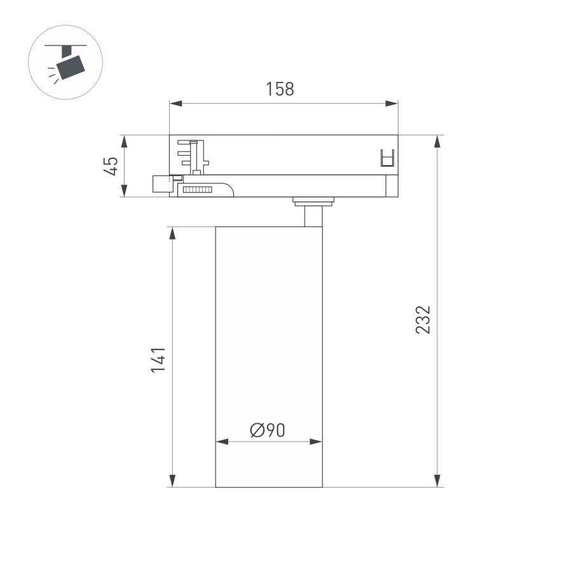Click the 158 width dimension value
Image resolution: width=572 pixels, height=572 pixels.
point(280,89)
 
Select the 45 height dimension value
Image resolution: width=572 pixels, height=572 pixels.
point(111,167)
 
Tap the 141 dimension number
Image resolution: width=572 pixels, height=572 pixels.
point(158,360)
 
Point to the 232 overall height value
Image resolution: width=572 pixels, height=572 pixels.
point(423,319)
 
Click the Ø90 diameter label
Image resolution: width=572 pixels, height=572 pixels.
point(268,430)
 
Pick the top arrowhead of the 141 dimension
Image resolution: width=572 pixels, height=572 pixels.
point(172,233)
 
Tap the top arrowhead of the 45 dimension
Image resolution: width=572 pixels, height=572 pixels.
point(125,142)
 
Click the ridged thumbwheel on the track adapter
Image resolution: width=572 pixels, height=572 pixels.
point(196,189)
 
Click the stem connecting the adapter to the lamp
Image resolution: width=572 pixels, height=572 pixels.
point(313,214)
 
